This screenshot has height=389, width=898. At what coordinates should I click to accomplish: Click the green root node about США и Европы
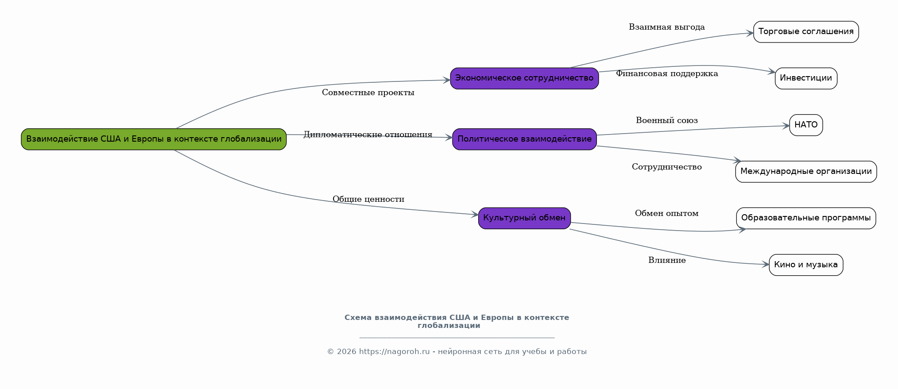[x=154, y=139]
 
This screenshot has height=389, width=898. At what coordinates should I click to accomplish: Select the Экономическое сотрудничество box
[x=524, y=78]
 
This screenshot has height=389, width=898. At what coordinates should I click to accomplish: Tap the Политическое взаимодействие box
[x=524, y=139]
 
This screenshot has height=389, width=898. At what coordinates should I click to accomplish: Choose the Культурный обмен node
[x=524, y=218]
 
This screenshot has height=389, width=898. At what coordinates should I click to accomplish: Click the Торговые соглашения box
[x=806, y=32]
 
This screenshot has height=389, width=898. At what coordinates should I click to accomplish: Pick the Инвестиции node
[x=806, y=78]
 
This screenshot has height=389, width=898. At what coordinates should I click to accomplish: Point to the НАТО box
[x=806, y=125]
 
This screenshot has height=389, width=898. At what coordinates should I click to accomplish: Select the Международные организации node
[x=806, y=172]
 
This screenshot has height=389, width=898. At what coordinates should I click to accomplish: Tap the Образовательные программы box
[x=806, y=218]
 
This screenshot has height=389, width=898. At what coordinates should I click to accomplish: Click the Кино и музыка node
[x=806, y=265]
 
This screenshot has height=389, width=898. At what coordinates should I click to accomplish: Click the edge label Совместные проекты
[x=368, y=92]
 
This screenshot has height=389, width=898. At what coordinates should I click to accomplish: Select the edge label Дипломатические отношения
[x=368, y=135]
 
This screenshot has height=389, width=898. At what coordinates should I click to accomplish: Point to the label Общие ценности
[x=368, y=199]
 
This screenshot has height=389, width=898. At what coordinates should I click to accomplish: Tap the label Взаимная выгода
[x=667, y=27]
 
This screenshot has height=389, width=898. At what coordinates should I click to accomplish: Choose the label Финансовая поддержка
[x=667, y=73]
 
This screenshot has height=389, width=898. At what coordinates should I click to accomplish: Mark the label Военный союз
[x=667, y=120]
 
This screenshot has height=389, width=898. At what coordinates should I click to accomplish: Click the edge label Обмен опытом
[x=667, y=213]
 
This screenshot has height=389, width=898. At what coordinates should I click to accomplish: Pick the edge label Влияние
[x=667, y=260]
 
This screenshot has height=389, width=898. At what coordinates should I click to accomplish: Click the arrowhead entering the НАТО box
[x=786, y=126]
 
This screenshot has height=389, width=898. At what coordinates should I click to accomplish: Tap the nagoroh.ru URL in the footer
[x=394, y=352]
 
